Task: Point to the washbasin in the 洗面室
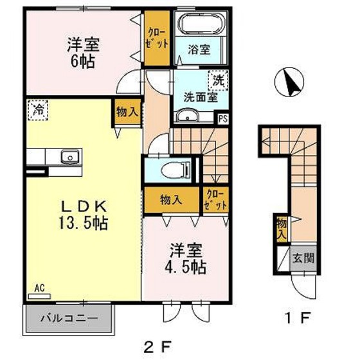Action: click(188, 116)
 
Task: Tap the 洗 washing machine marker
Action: click(219, 82)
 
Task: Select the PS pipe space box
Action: click(223, 118)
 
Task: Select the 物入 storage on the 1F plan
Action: click(281, 228)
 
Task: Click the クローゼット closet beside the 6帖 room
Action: click(157, 38)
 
